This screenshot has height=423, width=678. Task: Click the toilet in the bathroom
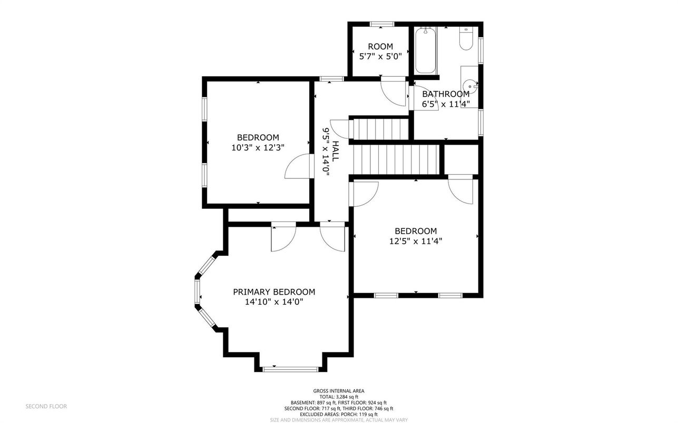[466, 39]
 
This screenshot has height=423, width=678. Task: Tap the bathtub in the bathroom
[426, 50]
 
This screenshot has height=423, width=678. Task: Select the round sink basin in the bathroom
[470, 86]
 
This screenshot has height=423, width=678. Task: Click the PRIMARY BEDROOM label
[274, 292]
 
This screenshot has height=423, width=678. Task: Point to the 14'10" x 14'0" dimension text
[274, 302]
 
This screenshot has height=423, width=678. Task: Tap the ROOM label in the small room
[380, 46]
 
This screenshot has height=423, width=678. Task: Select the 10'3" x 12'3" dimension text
[258, 147]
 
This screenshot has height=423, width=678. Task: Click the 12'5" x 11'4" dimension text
[416, 241]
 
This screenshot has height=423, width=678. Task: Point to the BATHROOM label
[446, 94]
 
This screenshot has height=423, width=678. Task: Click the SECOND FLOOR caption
[46, 406]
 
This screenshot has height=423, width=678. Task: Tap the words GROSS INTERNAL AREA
[339, 391]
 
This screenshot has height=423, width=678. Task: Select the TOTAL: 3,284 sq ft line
[339, 397]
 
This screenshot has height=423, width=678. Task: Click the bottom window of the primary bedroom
[290, 369]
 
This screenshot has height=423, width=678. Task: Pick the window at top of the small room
[382, 24]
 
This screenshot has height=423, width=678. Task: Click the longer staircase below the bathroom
[397, 159]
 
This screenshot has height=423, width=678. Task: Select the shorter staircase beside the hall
[379, 129]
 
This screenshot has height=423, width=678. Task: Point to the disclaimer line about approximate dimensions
[339, 420]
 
